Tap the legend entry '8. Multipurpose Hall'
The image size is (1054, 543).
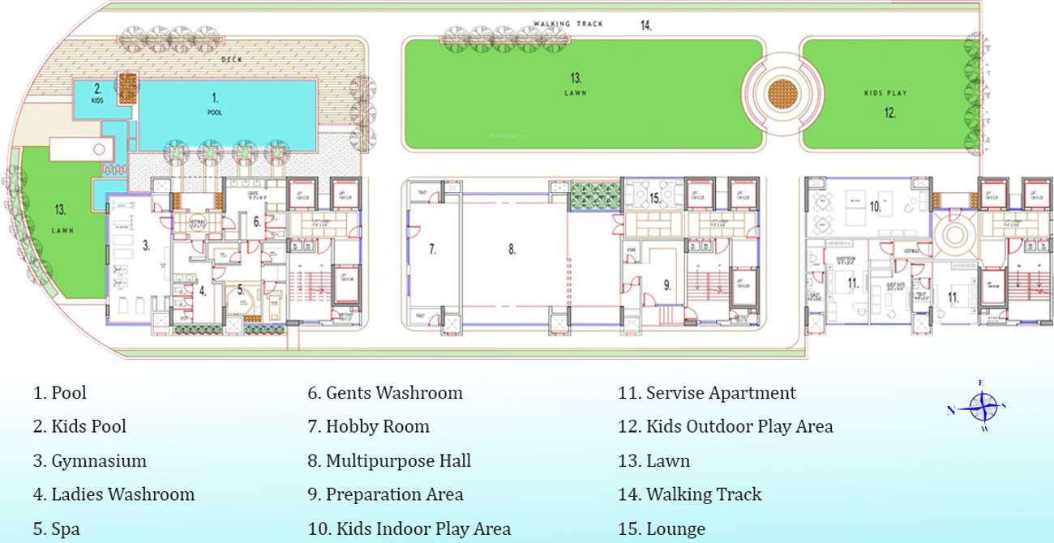tap(389, 461)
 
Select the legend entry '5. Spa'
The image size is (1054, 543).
tap(57, 529)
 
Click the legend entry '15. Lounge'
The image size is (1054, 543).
tap(662, 529)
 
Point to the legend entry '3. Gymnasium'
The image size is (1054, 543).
tap(90, 461)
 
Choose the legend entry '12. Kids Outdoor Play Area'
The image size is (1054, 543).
tap(725, 426)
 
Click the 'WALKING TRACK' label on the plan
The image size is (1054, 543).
tap(568, 24)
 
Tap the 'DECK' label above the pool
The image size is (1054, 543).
tap(233, 60)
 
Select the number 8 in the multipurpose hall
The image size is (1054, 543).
tap(512, 250)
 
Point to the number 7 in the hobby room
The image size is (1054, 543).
tap(433, 250)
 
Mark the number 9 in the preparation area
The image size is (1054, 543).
tap(666, 284)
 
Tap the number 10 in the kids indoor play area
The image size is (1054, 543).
tap(875, 207)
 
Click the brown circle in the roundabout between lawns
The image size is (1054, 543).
tap(782, 92)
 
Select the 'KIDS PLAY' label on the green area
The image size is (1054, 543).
tap(885, 93)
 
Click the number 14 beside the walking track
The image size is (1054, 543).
tap(646, 26)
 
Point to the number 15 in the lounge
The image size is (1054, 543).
tap(655, 198)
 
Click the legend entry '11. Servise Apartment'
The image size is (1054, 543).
tap(707, 393)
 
